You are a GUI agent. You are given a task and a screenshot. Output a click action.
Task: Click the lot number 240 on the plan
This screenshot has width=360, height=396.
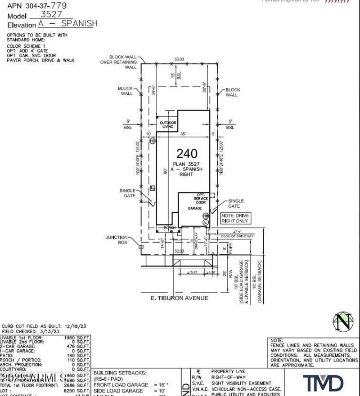pyautogui.click(x=187, y=154)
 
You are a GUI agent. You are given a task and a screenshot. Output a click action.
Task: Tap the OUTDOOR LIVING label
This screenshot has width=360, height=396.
pyautogui.click(x=167, y=125)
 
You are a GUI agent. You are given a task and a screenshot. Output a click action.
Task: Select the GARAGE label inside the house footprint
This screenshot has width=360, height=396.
pyautogui.click(x=195, y=209)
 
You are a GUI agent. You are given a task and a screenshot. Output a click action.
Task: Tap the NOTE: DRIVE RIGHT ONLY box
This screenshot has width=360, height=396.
pyautogui.click(x=235, y=218)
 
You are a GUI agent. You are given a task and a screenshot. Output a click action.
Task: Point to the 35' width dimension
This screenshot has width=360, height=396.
pyautogui.click(x=184, y=134)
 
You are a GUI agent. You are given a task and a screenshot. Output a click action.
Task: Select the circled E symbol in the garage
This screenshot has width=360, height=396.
pyautogui.click(x=206, y=222)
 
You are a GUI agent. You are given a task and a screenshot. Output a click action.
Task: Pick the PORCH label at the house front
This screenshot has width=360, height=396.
pyautogui.click(x=169, y=228)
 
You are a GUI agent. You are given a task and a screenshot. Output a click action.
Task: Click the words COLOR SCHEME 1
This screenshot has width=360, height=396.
pyautogui.click(x=26, y=46)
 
